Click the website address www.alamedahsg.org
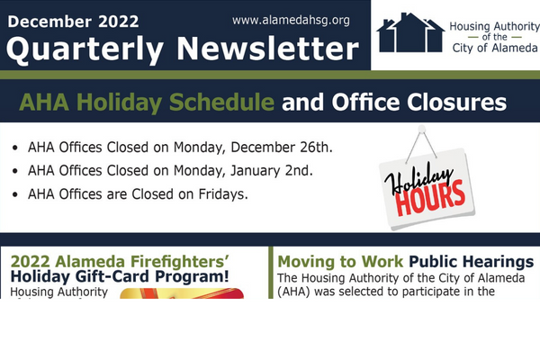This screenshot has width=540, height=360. pos(291,21)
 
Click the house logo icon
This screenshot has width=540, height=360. pos(410,32)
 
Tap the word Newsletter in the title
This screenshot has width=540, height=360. pos(268,49)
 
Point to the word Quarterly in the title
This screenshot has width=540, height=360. pos(85,50)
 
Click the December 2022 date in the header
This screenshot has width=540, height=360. pos(73,22)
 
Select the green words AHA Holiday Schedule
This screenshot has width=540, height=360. pos(147,103)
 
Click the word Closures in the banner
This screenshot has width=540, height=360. pos(456,103)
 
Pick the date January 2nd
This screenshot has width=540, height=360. pos(272,170)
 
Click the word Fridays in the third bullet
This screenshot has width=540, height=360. pos(223,194)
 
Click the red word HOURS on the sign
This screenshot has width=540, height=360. pos(430,199)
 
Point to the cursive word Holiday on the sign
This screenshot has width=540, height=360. pos(418,178)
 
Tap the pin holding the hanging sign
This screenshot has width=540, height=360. pos(421,130)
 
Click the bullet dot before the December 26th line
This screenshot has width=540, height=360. pos(14,148)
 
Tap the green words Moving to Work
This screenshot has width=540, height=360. pos(340,262)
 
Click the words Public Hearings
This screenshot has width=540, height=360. pos(471,262)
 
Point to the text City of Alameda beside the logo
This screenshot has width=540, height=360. pos(495,48)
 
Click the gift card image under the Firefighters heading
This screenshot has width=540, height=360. pos(182,293)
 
